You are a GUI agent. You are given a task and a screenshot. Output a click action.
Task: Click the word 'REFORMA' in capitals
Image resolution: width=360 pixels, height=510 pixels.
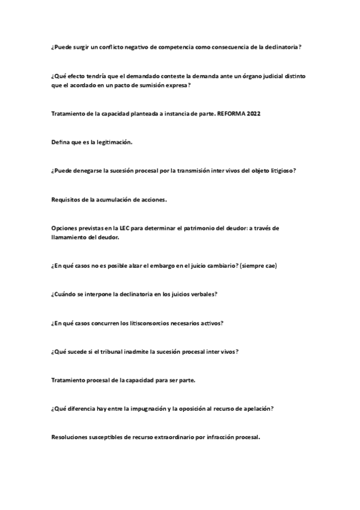[231, 114]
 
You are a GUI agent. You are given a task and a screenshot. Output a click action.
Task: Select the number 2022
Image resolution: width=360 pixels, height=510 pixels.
[254, 114]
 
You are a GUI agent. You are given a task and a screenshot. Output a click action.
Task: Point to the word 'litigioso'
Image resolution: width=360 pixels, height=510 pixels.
[279, 170]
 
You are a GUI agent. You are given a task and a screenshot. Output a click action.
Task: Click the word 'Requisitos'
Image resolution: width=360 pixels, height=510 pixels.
[66, 199]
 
